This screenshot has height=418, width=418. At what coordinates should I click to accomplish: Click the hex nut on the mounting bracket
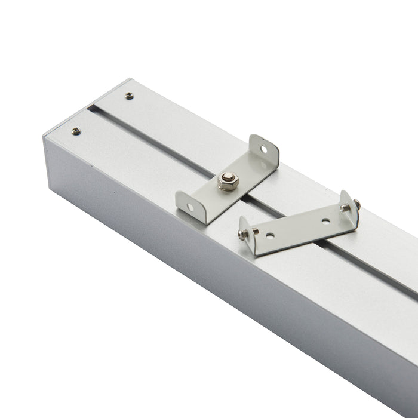(226, 179)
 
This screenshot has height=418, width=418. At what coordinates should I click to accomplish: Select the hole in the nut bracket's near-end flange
(190, 207)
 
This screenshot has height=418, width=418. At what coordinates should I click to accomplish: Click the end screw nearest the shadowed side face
(76, 131)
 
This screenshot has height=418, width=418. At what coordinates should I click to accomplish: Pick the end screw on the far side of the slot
(129, 96)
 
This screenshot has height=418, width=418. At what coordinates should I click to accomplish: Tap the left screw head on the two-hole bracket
(242, 233)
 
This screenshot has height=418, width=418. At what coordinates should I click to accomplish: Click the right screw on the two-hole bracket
(356, 204)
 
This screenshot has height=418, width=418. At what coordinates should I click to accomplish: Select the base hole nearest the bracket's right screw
(325, 220)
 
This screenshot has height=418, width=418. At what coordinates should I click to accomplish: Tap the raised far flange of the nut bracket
(264, 149)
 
